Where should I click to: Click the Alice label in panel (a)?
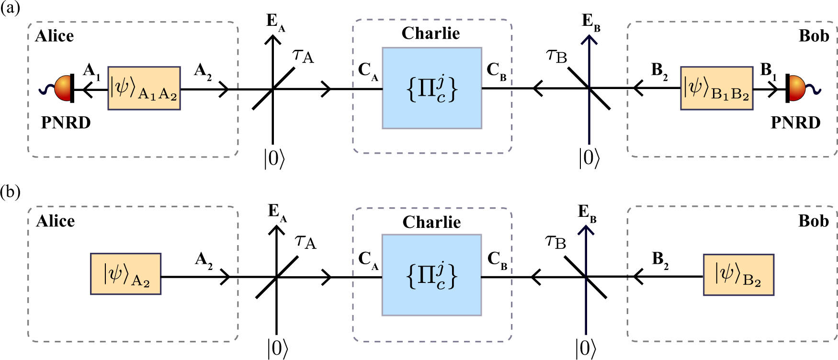click(x=55, y=36)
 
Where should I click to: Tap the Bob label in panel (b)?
click(x=813, y=221)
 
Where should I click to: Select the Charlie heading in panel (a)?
click(x=430, y=33)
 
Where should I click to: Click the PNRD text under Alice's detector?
click(x=66, y=123)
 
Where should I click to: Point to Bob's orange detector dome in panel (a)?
click(x=798, y=88)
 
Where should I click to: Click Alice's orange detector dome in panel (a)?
click(x=63, y=88)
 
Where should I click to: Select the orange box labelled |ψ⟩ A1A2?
click(x=144, y=89)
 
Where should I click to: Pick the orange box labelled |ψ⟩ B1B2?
click(x=716, y=89)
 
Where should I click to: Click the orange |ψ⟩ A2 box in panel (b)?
click(x=125, y=274)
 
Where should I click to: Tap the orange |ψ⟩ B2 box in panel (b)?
click(x=738, y=275)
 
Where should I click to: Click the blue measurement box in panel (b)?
click(x=431, y=275)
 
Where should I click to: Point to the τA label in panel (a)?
click(x=303, y=56)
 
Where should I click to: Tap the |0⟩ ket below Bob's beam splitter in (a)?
click(x=589, y=157)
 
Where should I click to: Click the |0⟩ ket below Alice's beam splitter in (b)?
click(x=277, y=348)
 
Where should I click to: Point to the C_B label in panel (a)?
click(x=496, y=70)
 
